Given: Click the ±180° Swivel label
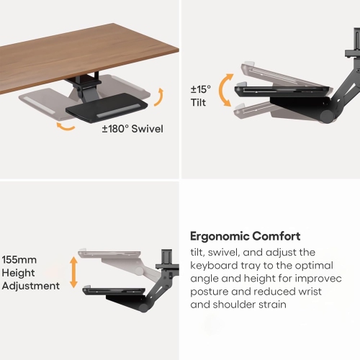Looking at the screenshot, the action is click(x=132, y=129).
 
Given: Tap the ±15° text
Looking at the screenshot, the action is click(x=201, y=89).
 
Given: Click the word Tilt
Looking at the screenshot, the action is click(x=198, y=102).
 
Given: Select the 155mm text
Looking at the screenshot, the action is click(x=19, y=260).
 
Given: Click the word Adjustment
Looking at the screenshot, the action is click(x=31, y=286).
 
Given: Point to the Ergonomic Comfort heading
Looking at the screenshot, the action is click(x=245, y=236).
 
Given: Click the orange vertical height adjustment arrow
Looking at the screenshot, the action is click(x=73, y=272).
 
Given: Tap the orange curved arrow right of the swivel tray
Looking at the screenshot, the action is click(x=160, y=97).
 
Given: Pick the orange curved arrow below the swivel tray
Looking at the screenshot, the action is click(x=66, y=127).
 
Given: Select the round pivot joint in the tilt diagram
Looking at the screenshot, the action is click(x=327, y=117).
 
